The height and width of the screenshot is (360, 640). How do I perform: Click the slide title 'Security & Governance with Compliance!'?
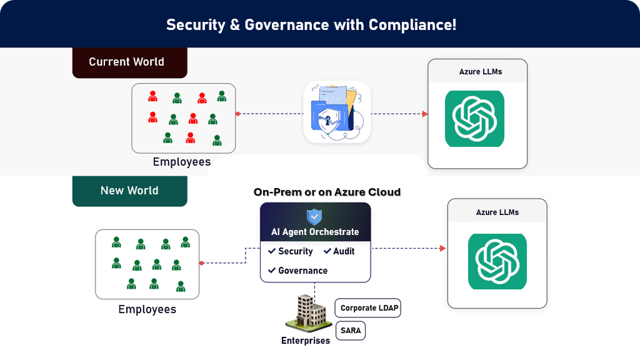pos(311,25)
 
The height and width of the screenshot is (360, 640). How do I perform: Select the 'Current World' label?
pos(126,62)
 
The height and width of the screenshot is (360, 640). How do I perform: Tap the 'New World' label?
pos(129,191)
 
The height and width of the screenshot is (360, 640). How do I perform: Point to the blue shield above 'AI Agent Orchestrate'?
pos(314,217)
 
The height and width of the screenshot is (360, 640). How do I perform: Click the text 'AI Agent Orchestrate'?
pos(315,232)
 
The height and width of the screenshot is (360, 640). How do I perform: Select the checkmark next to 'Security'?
pos(272,251)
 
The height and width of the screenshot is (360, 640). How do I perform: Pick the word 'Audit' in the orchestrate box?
pos(344,251)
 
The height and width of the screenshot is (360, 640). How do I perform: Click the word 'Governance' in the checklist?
pos(302,271)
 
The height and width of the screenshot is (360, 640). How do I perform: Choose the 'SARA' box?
pos(351,330)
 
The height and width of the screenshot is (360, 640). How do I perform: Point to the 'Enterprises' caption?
pos(306,341)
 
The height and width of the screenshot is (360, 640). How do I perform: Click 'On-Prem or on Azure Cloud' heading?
pos(327,192)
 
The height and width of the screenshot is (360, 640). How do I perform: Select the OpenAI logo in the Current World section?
pos(474,119)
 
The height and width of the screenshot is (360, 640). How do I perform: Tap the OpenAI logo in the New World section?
pos(497,261)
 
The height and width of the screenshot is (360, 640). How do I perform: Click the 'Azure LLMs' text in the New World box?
pos(497,212)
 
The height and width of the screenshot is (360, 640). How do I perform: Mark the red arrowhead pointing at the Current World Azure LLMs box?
pos(425,114)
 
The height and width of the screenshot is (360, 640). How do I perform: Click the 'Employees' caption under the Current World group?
pos(182,162)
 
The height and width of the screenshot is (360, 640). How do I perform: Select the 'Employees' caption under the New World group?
pos(147,309)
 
